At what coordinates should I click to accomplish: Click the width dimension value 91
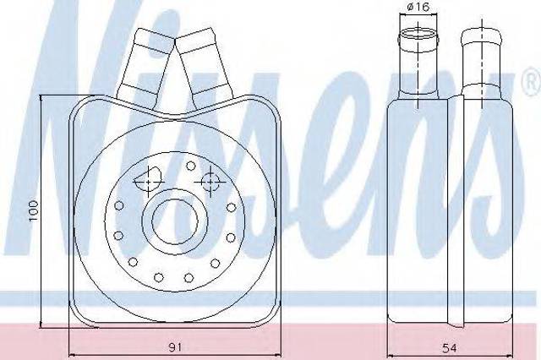click(x=175, y=347)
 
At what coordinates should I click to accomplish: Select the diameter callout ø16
click(x=418, y=7)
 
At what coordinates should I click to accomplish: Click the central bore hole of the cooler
click(x=175, y=220)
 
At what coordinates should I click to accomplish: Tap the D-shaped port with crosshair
click(x=148, y=178)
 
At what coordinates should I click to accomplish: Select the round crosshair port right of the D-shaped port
click(x=210, y=182)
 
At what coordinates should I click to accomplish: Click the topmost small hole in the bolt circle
click(x=190, y=166)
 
